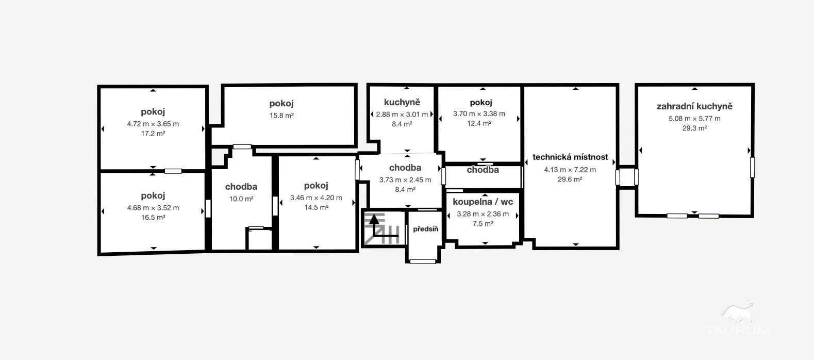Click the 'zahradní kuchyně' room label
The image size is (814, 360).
(x=694, y=107)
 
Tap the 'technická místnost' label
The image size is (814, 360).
(x=570, y=157)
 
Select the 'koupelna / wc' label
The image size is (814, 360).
(x=483, y=202)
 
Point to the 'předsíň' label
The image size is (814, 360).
(x=425, y=229)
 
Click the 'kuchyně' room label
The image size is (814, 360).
(x=402, y=102)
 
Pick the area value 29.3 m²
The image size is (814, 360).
(x=694, y=128)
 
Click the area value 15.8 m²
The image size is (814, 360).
(x=281, y=116)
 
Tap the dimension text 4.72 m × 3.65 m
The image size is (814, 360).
(x=153, y=124)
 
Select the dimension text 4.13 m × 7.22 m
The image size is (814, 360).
(x=570, y=170)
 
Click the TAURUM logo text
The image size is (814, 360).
(x=738, y=330)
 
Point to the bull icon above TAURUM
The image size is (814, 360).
(x=737, y=312)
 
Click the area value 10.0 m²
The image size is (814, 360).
(x=241, y=199)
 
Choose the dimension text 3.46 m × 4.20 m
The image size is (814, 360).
(x=316, y=198)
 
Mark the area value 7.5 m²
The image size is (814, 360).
(x=483, y=224)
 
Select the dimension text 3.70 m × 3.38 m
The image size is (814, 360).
(x=479, y=114)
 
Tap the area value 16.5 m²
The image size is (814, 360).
(x=153, y=218)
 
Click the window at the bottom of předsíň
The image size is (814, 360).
(x=423, y=261)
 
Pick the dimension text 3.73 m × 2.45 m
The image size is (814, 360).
(x=405, y=180)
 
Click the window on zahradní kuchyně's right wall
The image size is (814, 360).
(x=752, y=168)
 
